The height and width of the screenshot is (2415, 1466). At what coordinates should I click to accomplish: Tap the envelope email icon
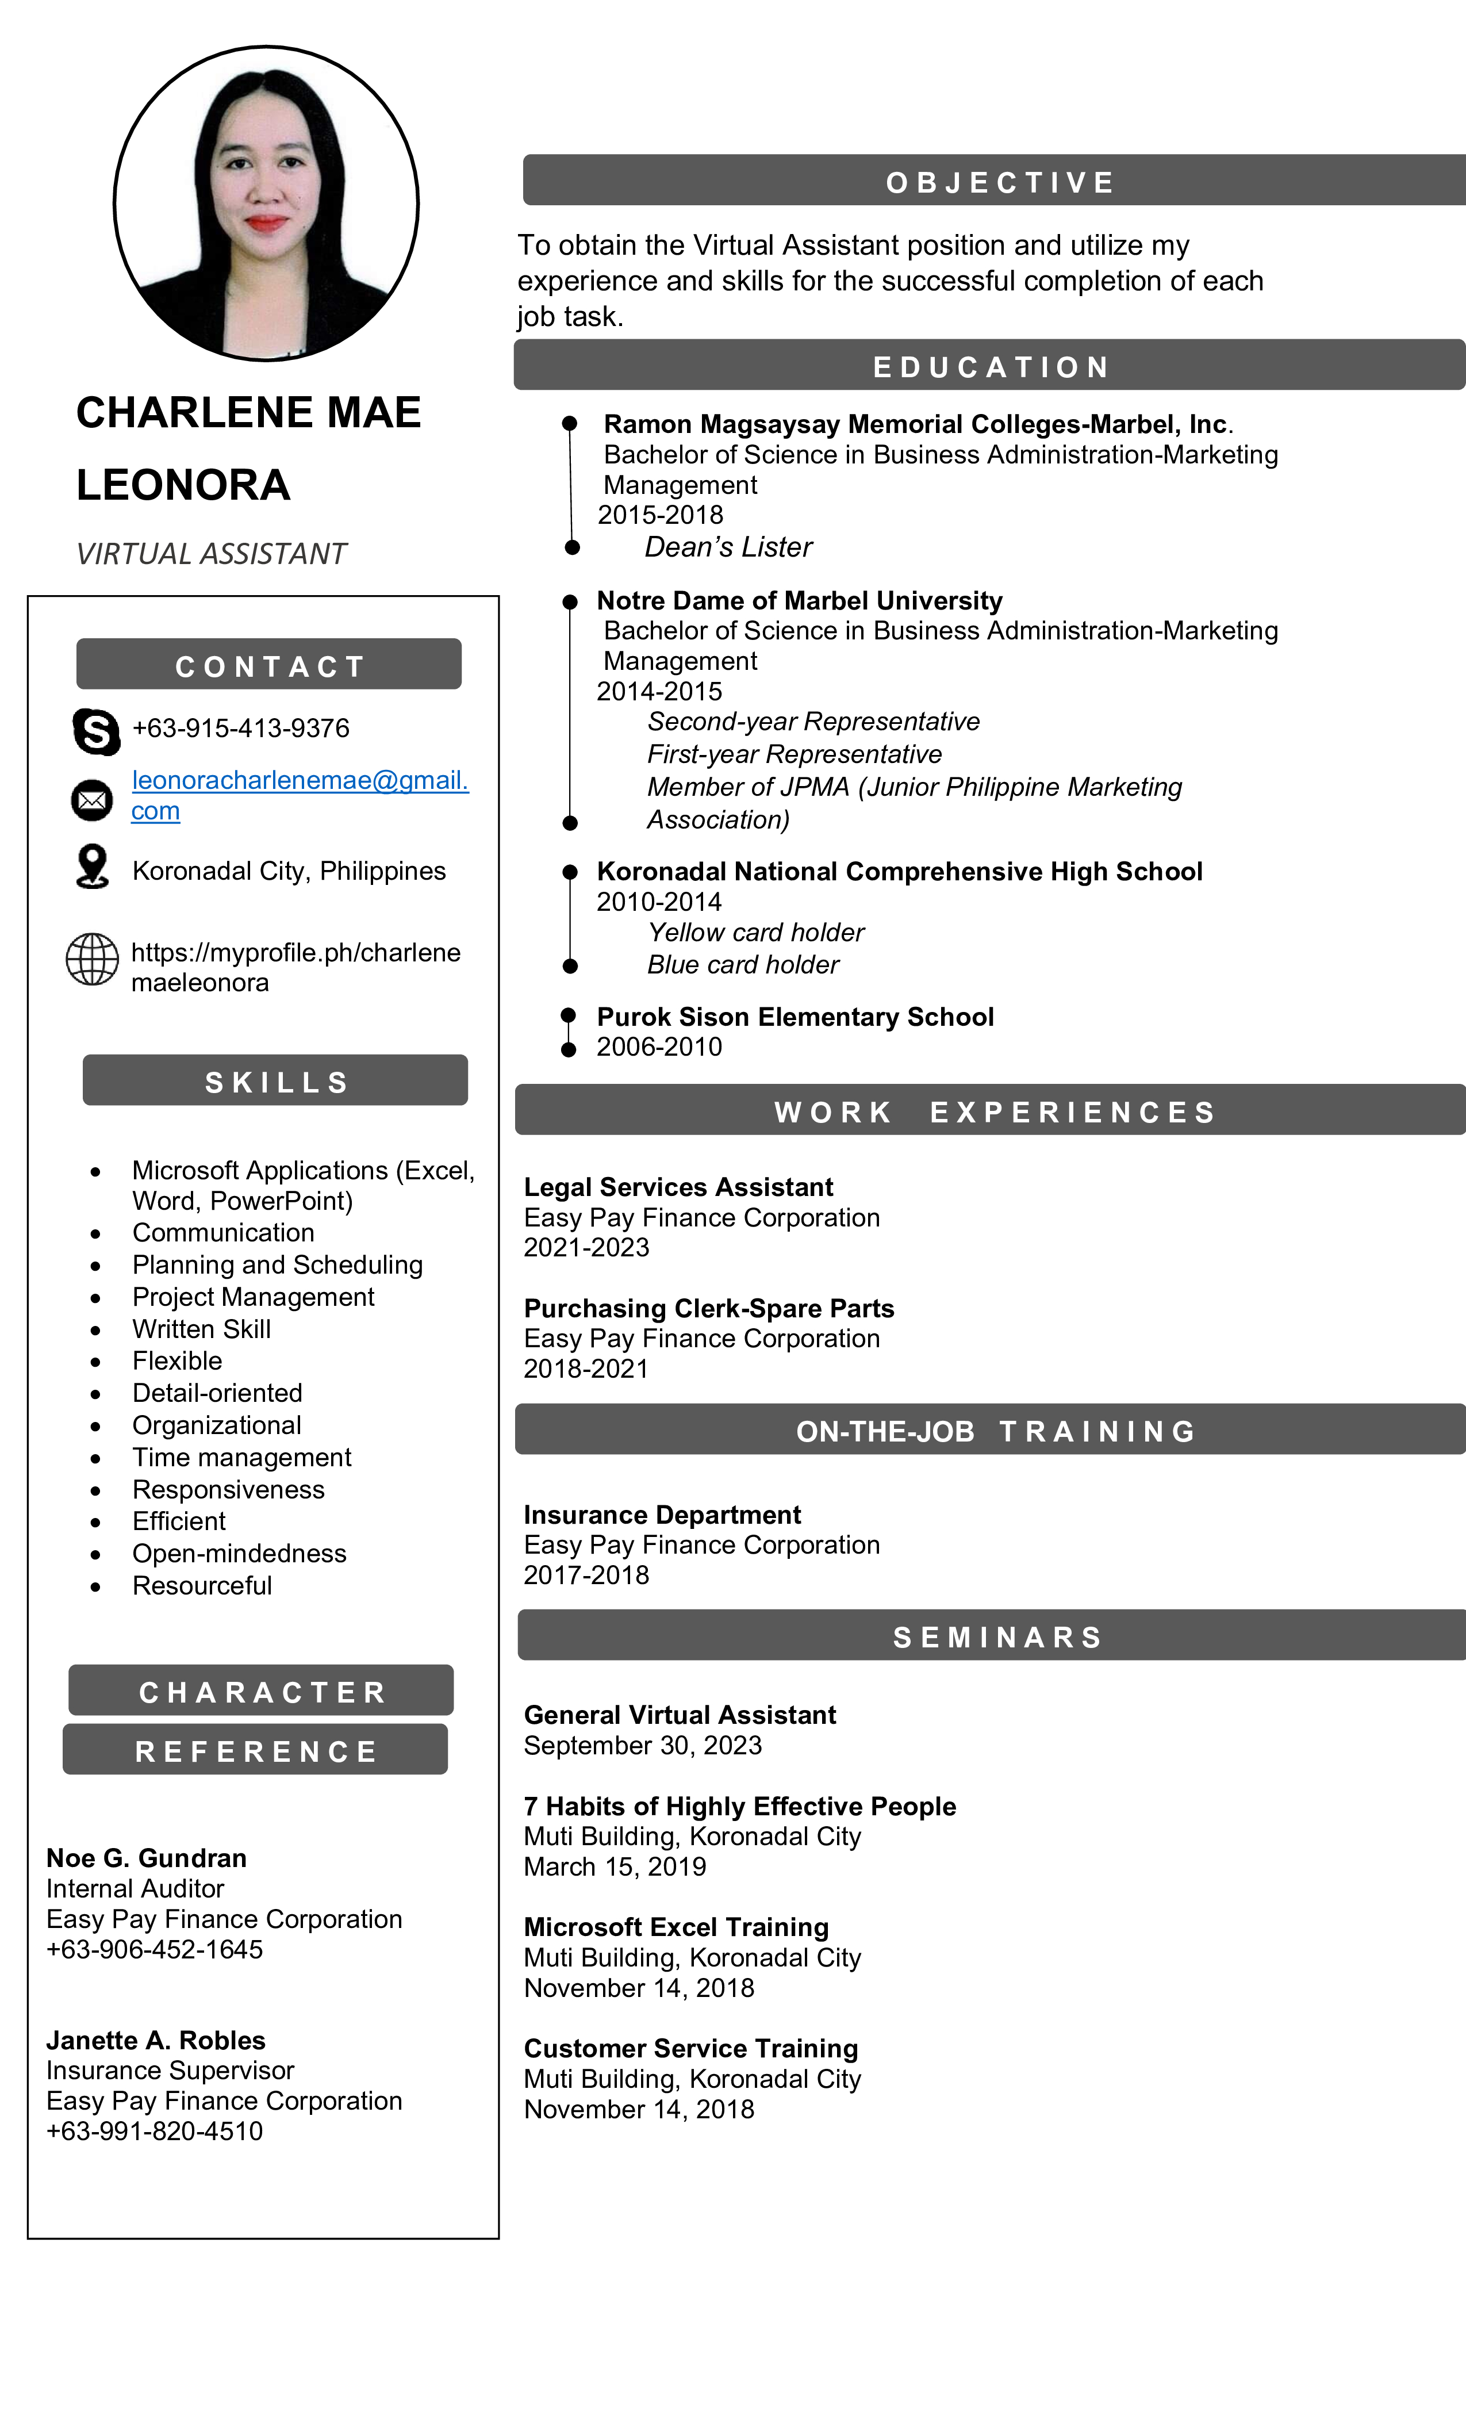tap(92, 800)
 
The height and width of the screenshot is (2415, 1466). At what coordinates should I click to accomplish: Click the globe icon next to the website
tap(92, 959)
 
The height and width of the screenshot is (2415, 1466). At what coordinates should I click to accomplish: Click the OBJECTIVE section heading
tap(1000, 182)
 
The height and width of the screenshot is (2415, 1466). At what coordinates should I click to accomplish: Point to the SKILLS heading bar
tap(275, 1081)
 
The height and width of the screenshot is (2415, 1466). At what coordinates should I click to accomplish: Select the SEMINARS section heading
tap(997, 1637)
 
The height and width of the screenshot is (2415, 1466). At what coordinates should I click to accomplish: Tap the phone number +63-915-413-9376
tap(240, 728)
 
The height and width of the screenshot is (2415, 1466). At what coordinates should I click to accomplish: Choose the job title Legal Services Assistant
tap(678, 1187)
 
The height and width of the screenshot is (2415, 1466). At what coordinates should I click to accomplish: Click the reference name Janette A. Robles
tap(156, 2040)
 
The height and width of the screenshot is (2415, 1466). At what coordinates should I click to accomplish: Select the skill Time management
tap(241, 1458)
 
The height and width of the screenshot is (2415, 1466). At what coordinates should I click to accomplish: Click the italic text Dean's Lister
tap(728, 547)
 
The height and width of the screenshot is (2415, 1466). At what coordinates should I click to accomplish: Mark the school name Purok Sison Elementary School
tap(795, 1017)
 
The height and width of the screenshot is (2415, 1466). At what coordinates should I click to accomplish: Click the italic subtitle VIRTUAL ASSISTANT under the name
tap(212, 554)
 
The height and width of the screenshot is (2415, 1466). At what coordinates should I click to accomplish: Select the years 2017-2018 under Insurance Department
tap(586, 1575)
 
